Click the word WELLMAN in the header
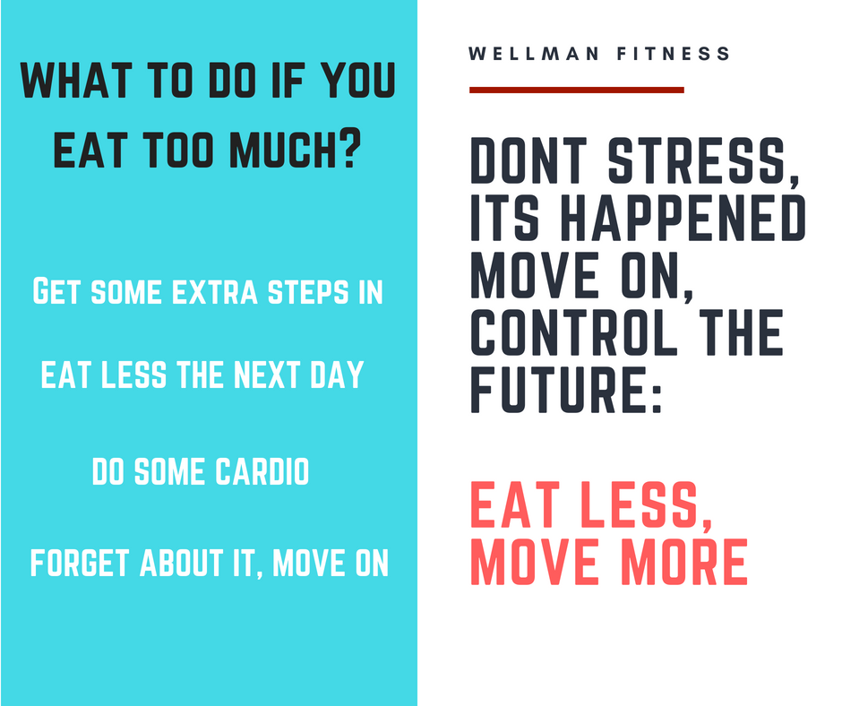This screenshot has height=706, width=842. click(x=533, y=54)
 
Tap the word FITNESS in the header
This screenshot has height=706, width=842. click(x=674, y=54)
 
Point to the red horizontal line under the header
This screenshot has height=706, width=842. click(x=577, y=90)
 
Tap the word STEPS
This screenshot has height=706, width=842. click(x=309, y=292)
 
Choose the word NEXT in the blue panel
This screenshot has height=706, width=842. click(x=267, y=375)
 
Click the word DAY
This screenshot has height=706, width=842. click(x=337, y=375)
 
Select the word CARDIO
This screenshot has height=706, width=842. click(x=262, y=472)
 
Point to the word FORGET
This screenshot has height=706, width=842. click(x=80, y=563)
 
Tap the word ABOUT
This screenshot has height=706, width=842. click(x=182, y=563)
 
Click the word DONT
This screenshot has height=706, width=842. click(x=528, y=160)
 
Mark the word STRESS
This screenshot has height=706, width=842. click(x=703, y=160)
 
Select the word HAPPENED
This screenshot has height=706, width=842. click(x=683, y=218)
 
